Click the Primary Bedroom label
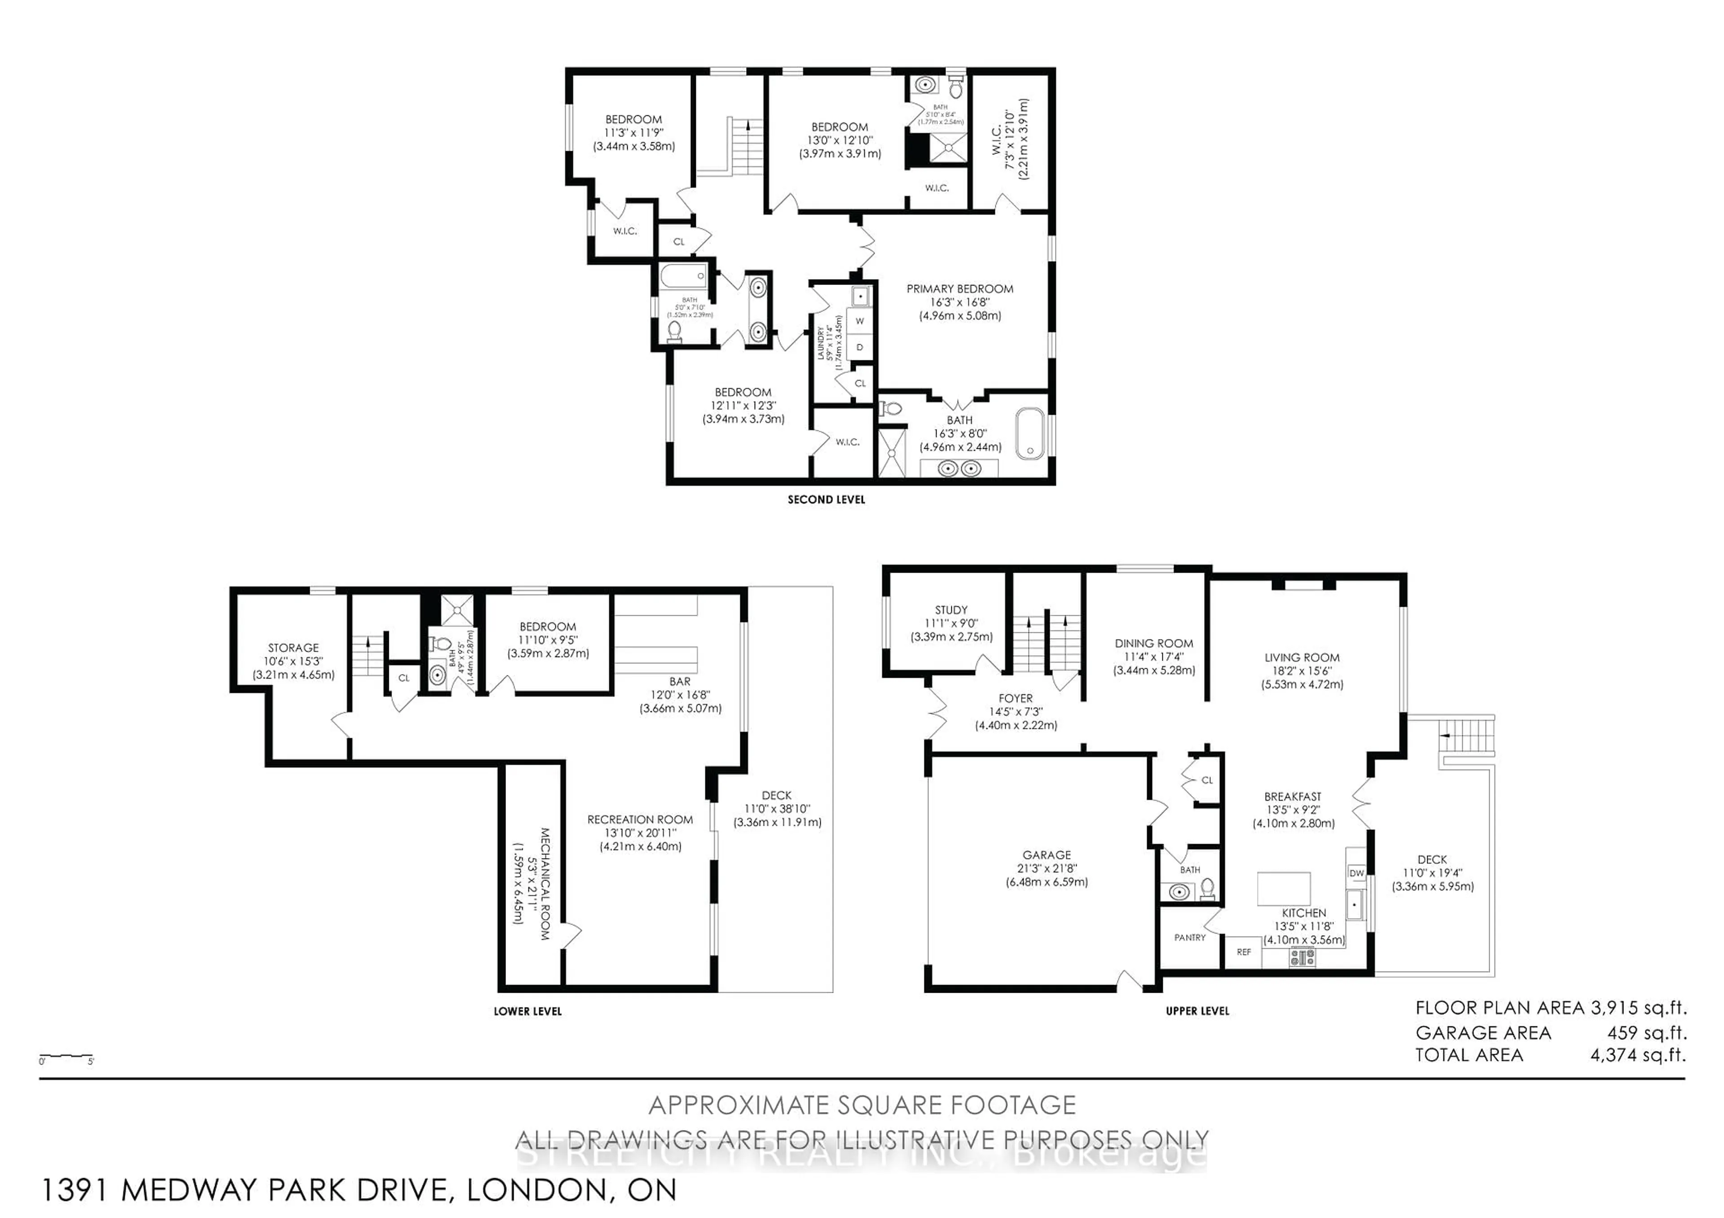[x=959, y=289]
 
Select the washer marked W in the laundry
[x=860, y=321]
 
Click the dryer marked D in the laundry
[x=860, y=347]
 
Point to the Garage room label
[x=1046, y=855]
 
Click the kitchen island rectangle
[x=1284, y=889]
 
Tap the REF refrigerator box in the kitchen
[x=1244, y=951]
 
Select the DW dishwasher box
[x=1356, y=873]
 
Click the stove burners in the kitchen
[x=1303, y=957]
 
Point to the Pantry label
[x=1189, y=938]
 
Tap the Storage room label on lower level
[x=294, y=648]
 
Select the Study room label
[x=951, y=610]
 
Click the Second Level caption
[x=826, y=500]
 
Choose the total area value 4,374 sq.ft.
[x=1638, y=1055]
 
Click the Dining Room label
[x=1153, y=643]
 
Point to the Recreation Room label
[x=640, y=819]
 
